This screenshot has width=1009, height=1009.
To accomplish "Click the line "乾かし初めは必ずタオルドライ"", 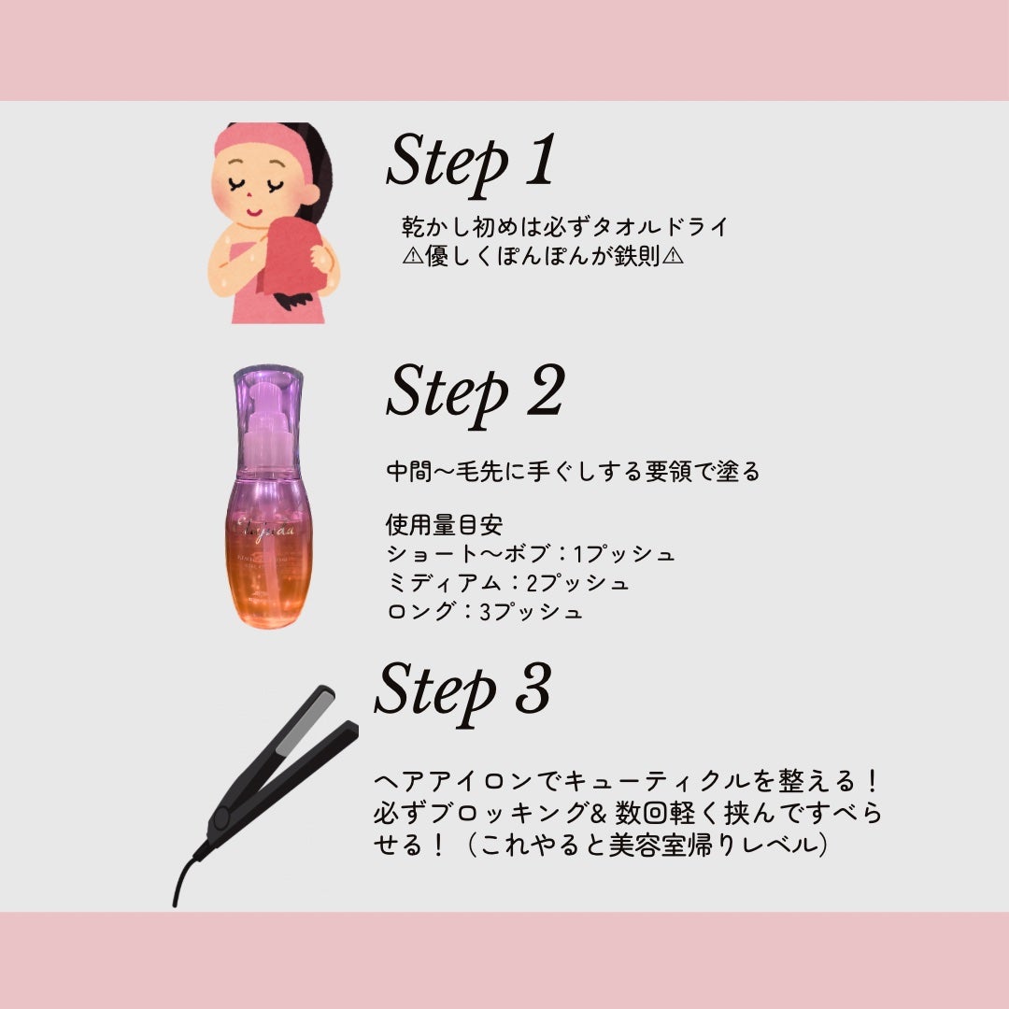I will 564,227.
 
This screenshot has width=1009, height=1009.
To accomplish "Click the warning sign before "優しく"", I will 412,256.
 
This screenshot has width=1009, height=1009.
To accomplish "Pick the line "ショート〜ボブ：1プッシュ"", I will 530,554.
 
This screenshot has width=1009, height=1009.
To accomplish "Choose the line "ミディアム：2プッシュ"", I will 507,583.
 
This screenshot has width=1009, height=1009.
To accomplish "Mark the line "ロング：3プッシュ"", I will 484,613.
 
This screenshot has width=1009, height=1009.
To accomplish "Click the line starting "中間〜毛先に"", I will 573,472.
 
